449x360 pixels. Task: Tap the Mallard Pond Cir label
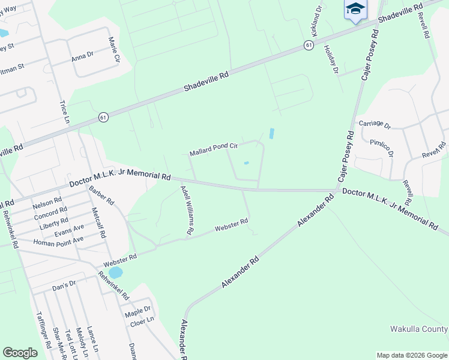coord(214,149)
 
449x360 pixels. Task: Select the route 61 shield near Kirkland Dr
coord(308,45)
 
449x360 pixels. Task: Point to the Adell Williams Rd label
coord(187,210)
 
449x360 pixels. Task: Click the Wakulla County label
coord(419,329)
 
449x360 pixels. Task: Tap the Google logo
coord(20,353)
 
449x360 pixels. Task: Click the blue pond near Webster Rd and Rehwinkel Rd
coord(115,272)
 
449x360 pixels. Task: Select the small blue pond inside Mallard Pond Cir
coord(247,163)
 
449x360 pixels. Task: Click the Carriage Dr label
coord(375,125)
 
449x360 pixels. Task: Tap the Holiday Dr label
coord(331,59)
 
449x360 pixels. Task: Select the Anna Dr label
coord(83,55)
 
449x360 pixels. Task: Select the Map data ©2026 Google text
coord(411,355)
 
